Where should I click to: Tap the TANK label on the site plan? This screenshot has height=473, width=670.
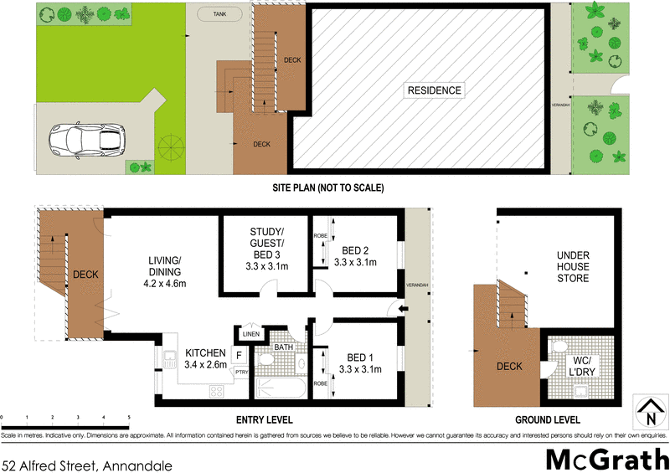click(219, 15)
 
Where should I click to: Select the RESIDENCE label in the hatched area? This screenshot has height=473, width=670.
click(434, 90)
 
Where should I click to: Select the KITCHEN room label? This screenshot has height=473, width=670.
click(205, 359)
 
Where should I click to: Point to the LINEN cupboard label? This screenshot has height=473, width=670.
click(250, 334)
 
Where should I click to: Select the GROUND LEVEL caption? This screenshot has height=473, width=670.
click(549, 419)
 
